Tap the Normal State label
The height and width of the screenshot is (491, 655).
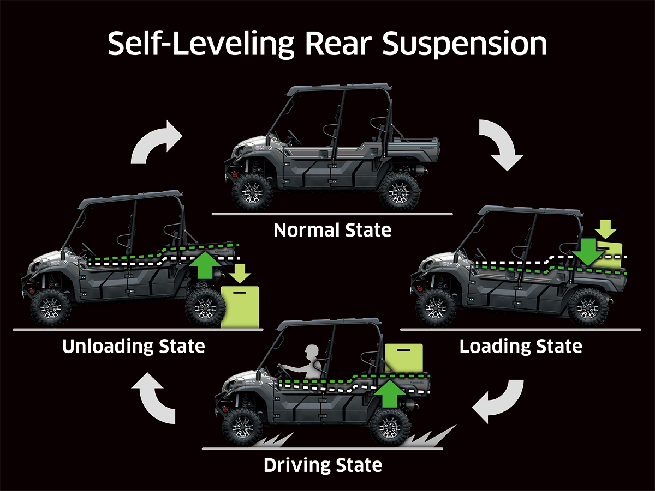point(332,230)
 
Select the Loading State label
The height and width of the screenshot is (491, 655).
point(521,346)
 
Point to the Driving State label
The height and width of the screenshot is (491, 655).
point(323,465)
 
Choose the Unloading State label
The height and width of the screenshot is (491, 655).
point(134,346)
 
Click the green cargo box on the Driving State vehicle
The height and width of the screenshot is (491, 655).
point(403,357)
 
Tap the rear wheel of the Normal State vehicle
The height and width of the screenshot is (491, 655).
point(400,191)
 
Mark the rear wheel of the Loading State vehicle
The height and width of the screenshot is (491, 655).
point(587,307)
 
